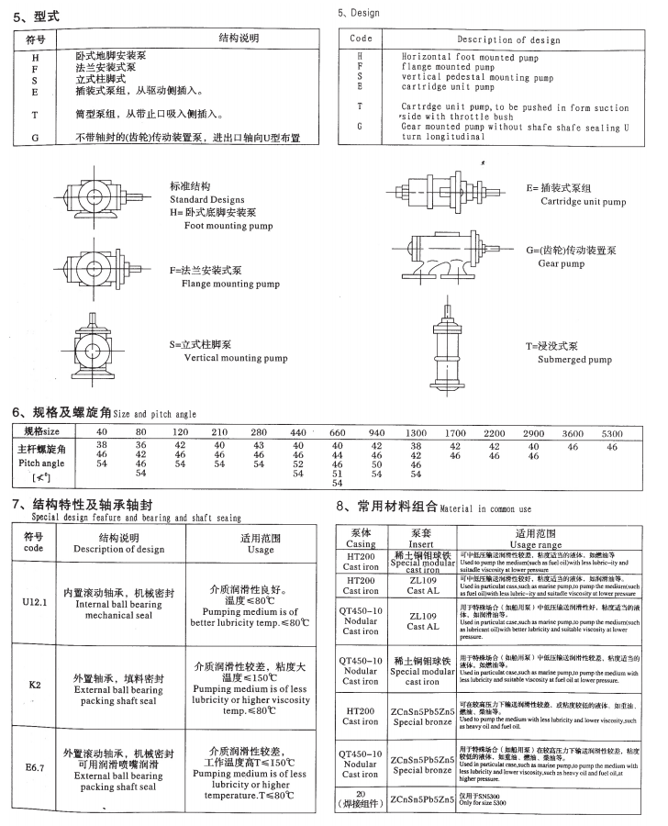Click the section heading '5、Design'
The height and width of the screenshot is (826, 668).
[x=359, y=14]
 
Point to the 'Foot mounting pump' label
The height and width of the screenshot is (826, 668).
[x=228, y=225]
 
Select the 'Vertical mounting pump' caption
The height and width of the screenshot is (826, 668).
[x=228, y=358]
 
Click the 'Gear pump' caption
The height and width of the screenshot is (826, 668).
[x=561, y=263]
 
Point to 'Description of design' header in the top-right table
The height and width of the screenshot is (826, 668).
[x=521, y=39]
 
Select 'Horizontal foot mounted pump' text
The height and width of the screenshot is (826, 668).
[x=471, y=56]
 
